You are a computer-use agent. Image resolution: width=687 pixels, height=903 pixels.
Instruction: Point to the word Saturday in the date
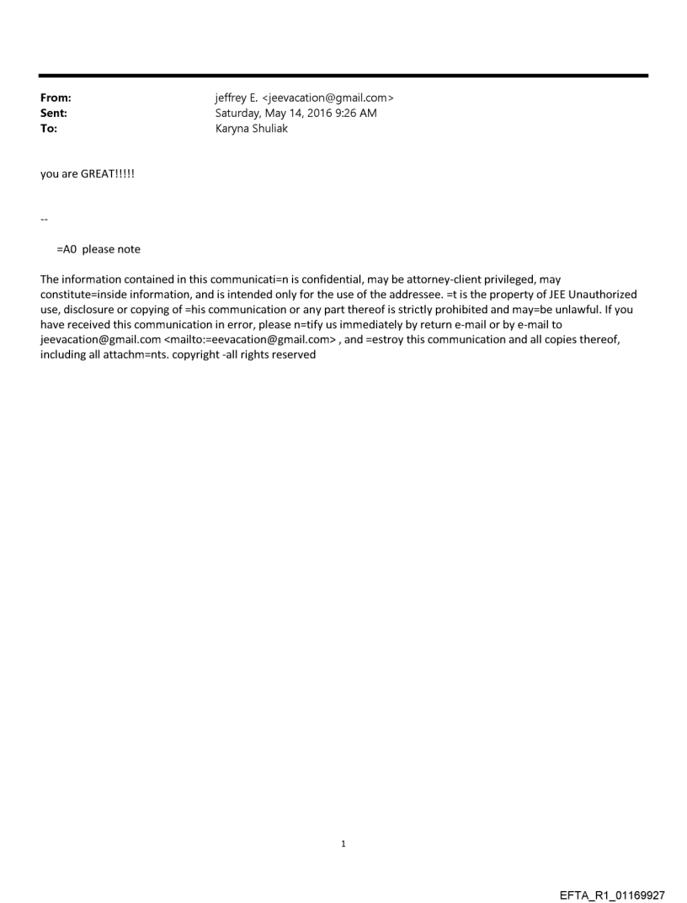click(239, 114)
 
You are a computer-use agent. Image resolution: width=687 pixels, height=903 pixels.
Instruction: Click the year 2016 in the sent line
click(316, 114)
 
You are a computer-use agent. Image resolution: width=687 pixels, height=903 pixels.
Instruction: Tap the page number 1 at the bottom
click(343, 843)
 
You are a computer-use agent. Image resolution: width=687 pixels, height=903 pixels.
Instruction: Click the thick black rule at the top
click(343, 76)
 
